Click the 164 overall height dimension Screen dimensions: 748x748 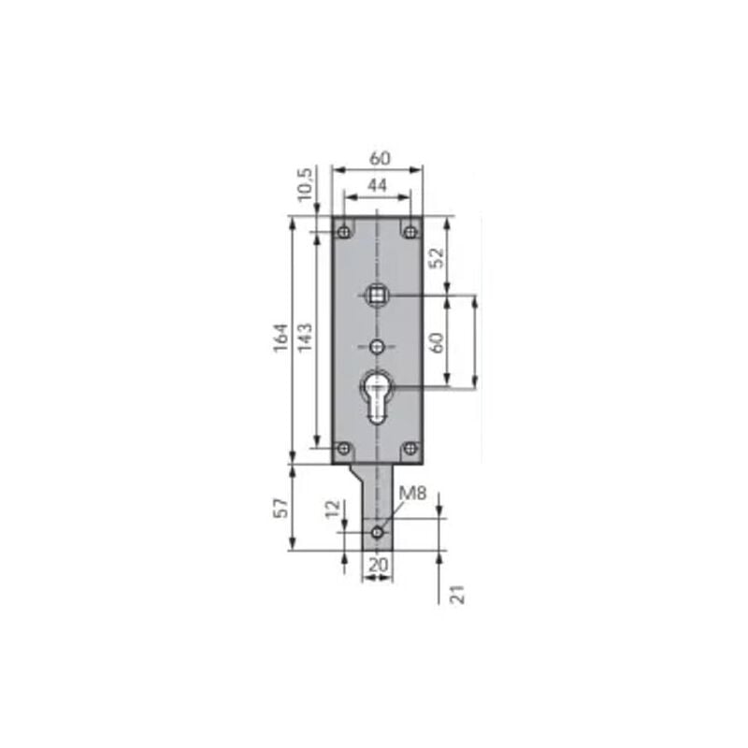point(280,338)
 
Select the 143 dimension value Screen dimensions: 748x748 point(306,338)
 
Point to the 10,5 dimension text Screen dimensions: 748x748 point(305,183)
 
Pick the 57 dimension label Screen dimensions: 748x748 point(280,510)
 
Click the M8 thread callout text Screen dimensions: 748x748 point(411,494)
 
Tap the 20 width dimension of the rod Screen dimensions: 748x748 point(377,564)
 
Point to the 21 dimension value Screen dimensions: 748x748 point(457,593)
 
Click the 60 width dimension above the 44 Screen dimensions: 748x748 point(378,158)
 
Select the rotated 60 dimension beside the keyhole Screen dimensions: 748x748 point(436,342)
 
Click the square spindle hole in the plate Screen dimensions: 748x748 point(377,295)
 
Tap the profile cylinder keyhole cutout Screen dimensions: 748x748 point(377,393)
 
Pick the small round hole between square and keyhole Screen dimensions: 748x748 point(377,347)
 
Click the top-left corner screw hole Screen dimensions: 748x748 point(344,230)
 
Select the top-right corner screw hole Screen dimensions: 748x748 point(410,230)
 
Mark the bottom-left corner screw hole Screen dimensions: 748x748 point(344,450)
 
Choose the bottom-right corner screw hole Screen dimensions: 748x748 point(410,450)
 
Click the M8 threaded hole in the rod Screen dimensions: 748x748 point(377,532)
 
